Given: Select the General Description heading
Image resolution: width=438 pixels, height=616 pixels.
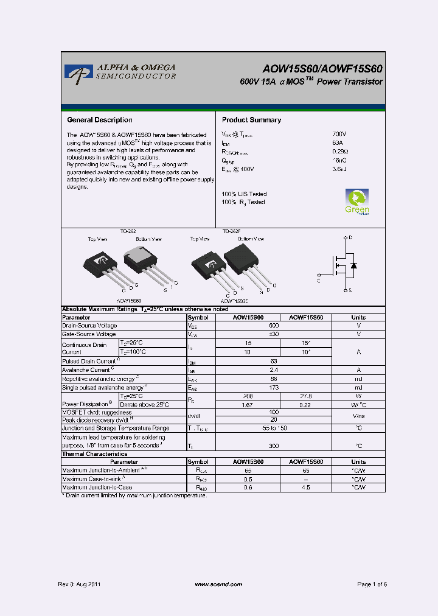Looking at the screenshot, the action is (99, 120).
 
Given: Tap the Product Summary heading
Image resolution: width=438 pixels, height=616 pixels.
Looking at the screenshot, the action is (251, 120).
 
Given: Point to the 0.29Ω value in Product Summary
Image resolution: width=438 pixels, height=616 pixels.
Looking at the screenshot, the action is (340, 152).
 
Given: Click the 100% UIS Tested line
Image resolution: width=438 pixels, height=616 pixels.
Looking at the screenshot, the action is (244, 194).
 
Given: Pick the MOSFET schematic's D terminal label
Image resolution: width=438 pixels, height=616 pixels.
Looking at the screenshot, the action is (351, 237).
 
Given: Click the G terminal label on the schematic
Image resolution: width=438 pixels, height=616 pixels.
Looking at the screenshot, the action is (319, 281).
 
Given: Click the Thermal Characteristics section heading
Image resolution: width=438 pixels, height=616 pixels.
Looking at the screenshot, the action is (95, 454).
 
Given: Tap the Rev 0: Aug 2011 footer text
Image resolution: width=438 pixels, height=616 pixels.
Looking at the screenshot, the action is (79, 584).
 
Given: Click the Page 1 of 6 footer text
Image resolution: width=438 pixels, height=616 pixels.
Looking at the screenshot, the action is (372, 584).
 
